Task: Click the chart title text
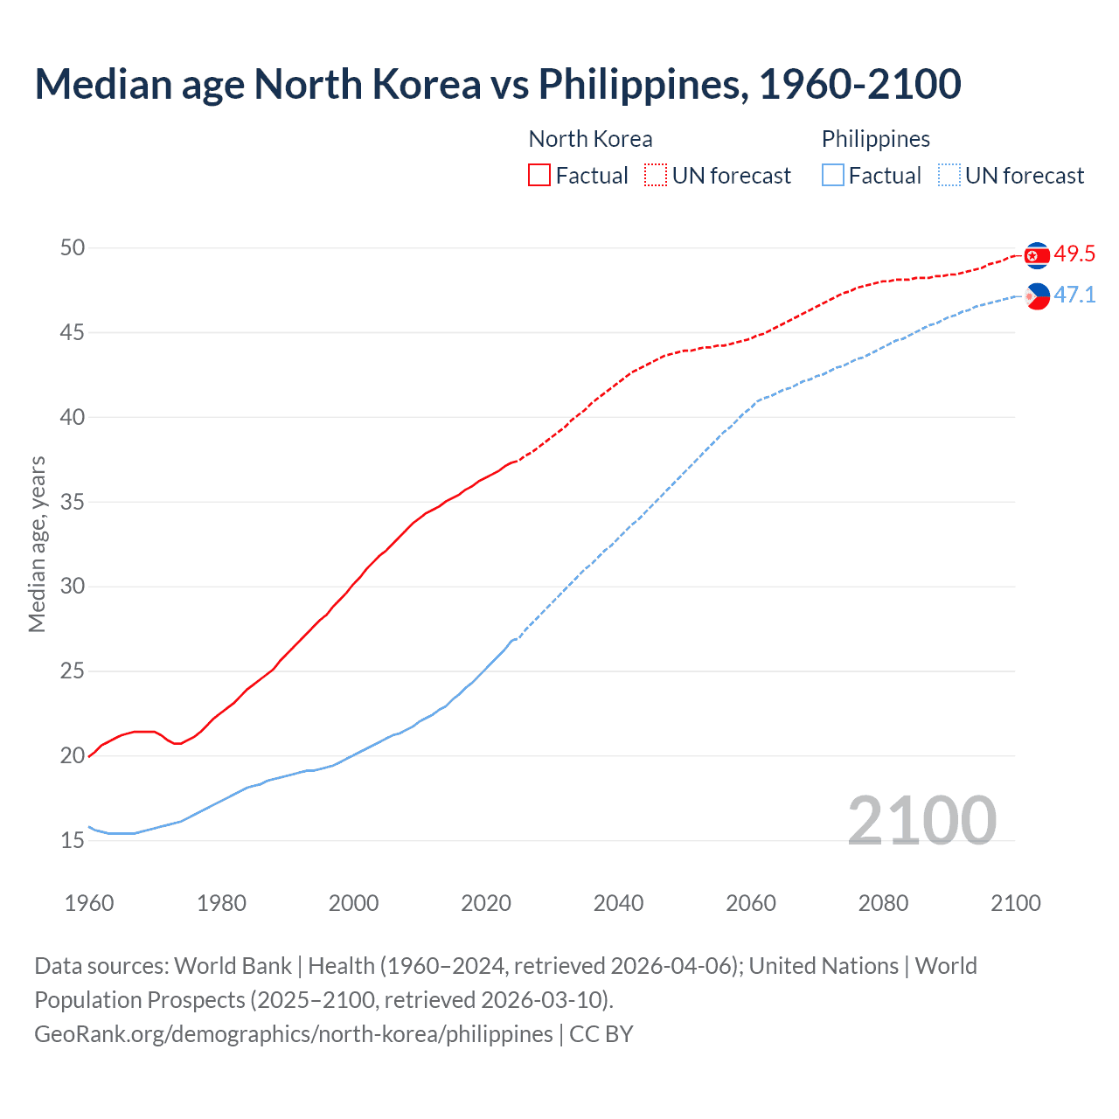[497, 84]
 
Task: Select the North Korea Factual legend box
[539, 175]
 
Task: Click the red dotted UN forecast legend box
[656, 175]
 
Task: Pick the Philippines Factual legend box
[832, 175]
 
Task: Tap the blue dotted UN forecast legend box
[949, 175]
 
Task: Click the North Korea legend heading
[590, 139]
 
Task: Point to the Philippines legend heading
[875, 139]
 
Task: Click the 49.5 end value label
[1074, 254]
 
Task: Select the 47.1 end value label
[1074, 295]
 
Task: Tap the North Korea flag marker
[1037, 255]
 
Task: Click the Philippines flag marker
[1037, 296]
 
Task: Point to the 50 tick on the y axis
[73, 248]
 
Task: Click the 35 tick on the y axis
[73, 503]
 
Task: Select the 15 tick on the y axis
[73, 841]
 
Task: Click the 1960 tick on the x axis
[89, 903]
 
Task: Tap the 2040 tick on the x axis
[618, 903]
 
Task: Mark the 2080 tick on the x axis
[883, 903]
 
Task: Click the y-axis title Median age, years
[37, 544]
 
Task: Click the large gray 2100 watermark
[921, 820]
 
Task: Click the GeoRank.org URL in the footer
[294, 1034]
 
